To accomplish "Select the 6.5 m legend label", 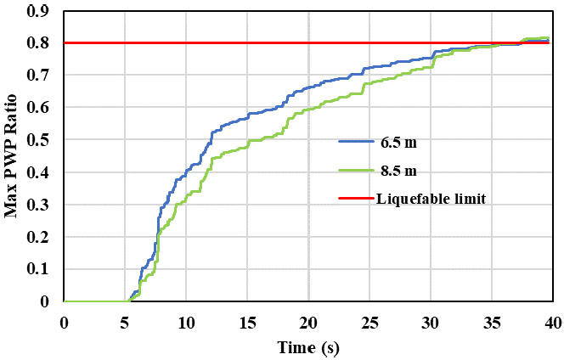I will [398, 143].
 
